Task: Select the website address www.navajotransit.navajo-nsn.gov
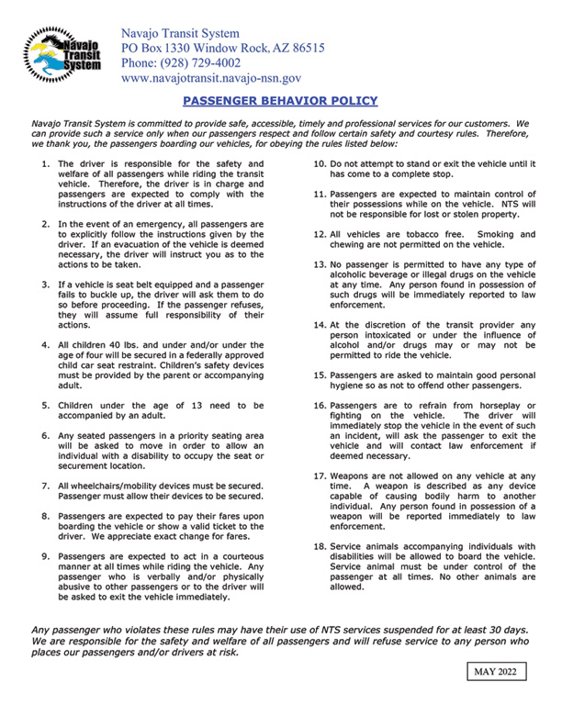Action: point(211,80)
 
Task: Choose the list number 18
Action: point(320,544)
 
